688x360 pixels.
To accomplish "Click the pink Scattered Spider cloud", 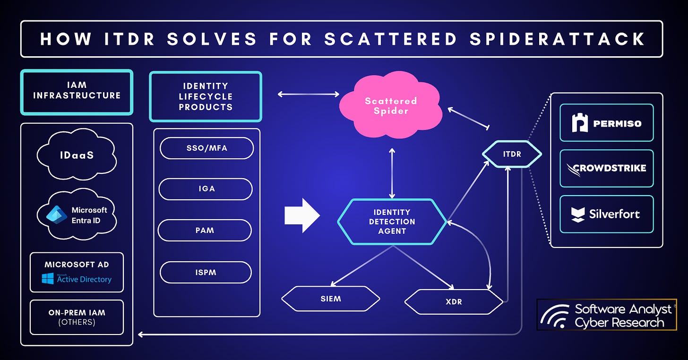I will pos(391,106).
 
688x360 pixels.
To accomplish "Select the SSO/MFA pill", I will pos(206,148).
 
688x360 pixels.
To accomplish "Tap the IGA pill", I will pos(206,189).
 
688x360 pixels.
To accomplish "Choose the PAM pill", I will pos(205,230).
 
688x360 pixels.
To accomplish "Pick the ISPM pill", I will pos(206,272).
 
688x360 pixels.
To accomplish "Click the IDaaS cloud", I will pos(76,154).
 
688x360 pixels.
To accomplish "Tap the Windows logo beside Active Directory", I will pos(48,279).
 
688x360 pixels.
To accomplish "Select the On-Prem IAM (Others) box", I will pos(77,317).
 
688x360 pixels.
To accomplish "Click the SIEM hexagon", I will pos(330,299).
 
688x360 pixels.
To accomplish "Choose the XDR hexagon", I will pos(454,301).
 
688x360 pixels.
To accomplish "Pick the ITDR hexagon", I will pos(511,154).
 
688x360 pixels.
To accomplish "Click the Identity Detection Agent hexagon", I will pos(392,222).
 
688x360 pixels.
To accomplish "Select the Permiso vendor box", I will pos(606,123).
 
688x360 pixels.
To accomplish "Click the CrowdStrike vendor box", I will pos(606,168).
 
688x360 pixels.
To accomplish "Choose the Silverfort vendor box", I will pos(606,214).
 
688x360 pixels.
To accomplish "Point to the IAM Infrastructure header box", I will pos(77,92).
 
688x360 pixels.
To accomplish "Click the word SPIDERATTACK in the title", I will pos(558,39).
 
